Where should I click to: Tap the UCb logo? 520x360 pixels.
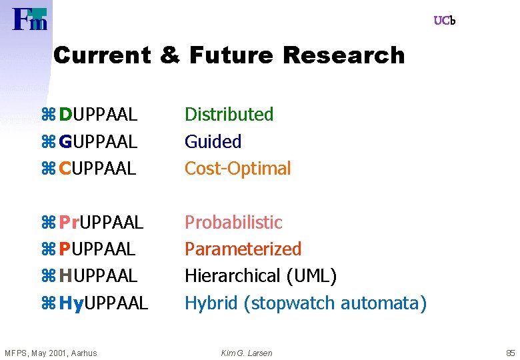[444, 21]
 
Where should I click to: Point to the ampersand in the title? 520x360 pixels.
[170, 55]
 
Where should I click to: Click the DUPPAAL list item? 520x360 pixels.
[97, 115]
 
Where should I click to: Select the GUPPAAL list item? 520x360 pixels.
[97, 141]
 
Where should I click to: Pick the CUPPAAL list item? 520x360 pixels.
[97, 169]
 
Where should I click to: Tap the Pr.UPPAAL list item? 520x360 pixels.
[101, 222]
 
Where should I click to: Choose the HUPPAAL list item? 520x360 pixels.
[97, 275]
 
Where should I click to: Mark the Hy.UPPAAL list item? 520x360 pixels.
[103, 303]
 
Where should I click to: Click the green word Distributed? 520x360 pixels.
[229, 115]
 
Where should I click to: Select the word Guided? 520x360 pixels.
[213, 141]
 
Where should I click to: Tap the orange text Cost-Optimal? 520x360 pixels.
[237, 169]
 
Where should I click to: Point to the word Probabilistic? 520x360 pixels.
[233, 222]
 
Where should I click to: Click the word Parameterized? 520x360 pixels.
[243, 249]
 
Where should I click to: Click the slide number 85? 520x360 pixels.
[511, 353]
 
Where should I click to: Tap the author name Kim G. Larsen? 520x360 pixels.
[246, 353]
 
